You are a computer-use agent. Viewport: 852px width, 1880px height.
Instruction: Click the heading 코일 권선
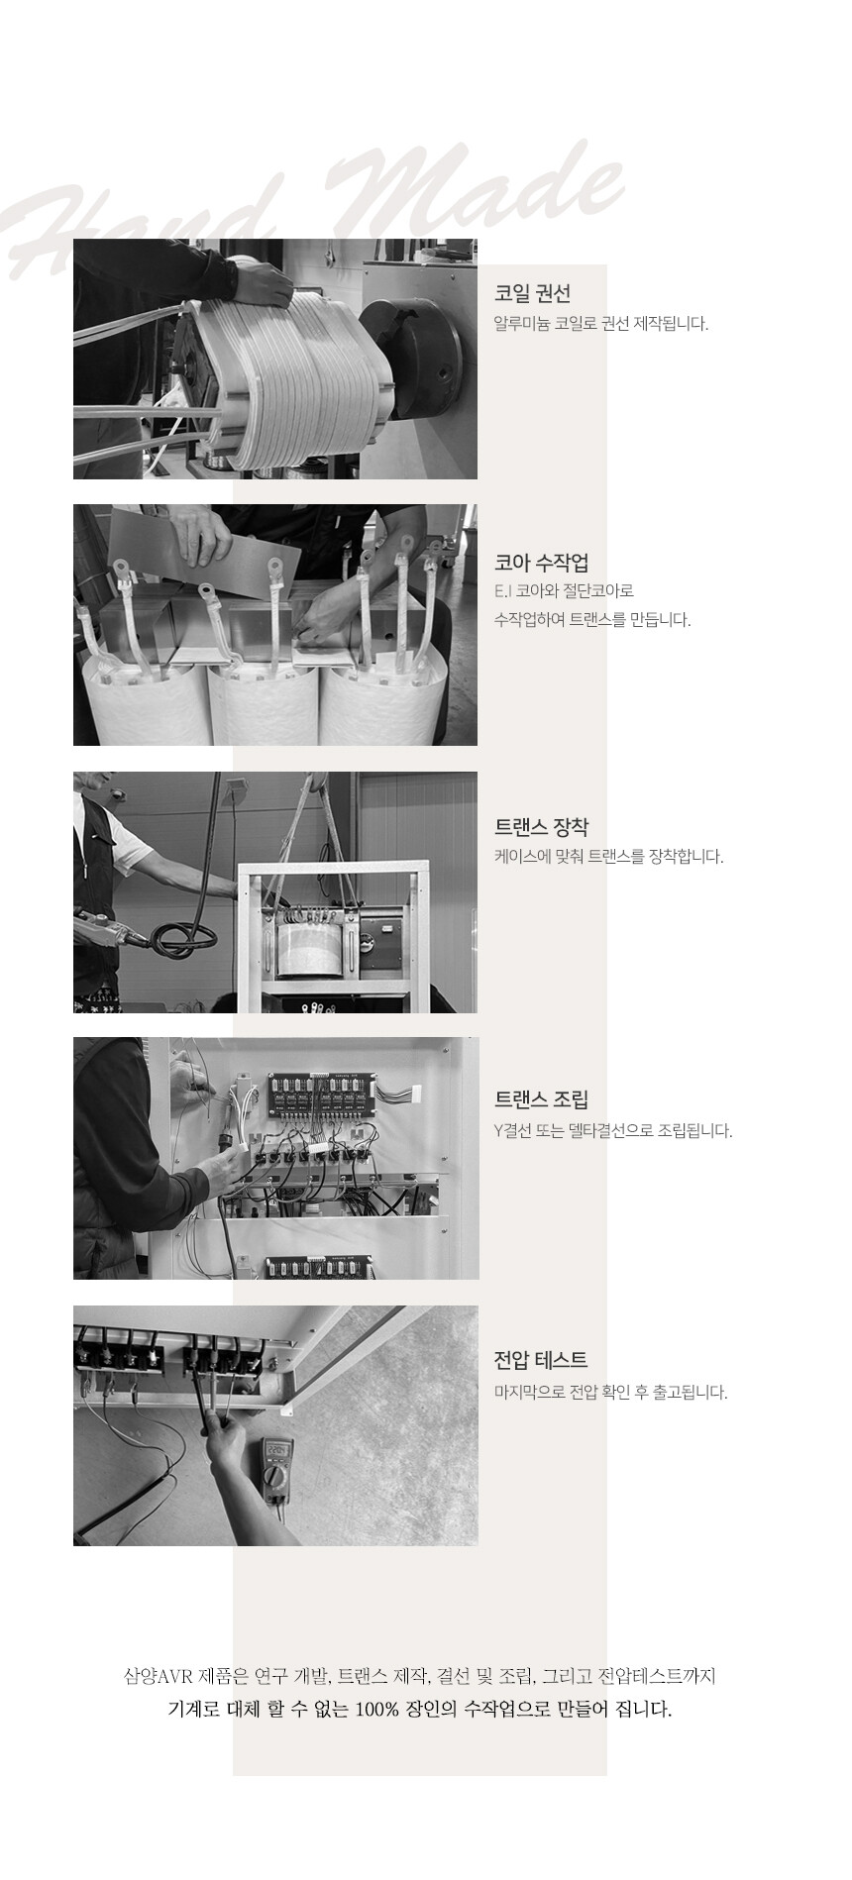pyautogui.click(x=532, y=294)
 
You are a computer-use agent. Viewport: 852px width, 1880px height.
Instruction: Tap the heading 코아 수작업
pyautogui.click(x=542, y=564)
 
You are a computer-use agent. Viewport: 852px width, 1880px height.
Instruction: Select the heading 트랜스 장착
pyautogui.click(x=542, y=827)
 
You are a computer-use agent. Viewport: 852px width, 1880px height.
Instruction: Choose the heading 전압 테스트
pyautogui.click(x=541, y=1360)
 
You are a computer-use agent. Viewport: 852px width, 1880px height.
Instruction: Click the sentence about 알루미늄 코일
pyautogui.click(x=601, y=324)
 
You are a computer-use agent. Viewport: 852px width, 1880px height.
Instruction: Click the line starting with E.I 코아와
pyautogui.click(x=564, y=591)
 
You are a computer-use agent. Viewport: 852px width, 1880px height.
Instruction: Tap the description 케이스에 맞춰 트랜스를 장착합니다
pyautogui.click(x=609, y=857)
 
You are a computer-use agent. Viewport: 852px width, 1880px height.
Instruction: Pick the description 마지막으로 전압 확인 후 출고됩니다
pyautogui.click(x=611, y=1393)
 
